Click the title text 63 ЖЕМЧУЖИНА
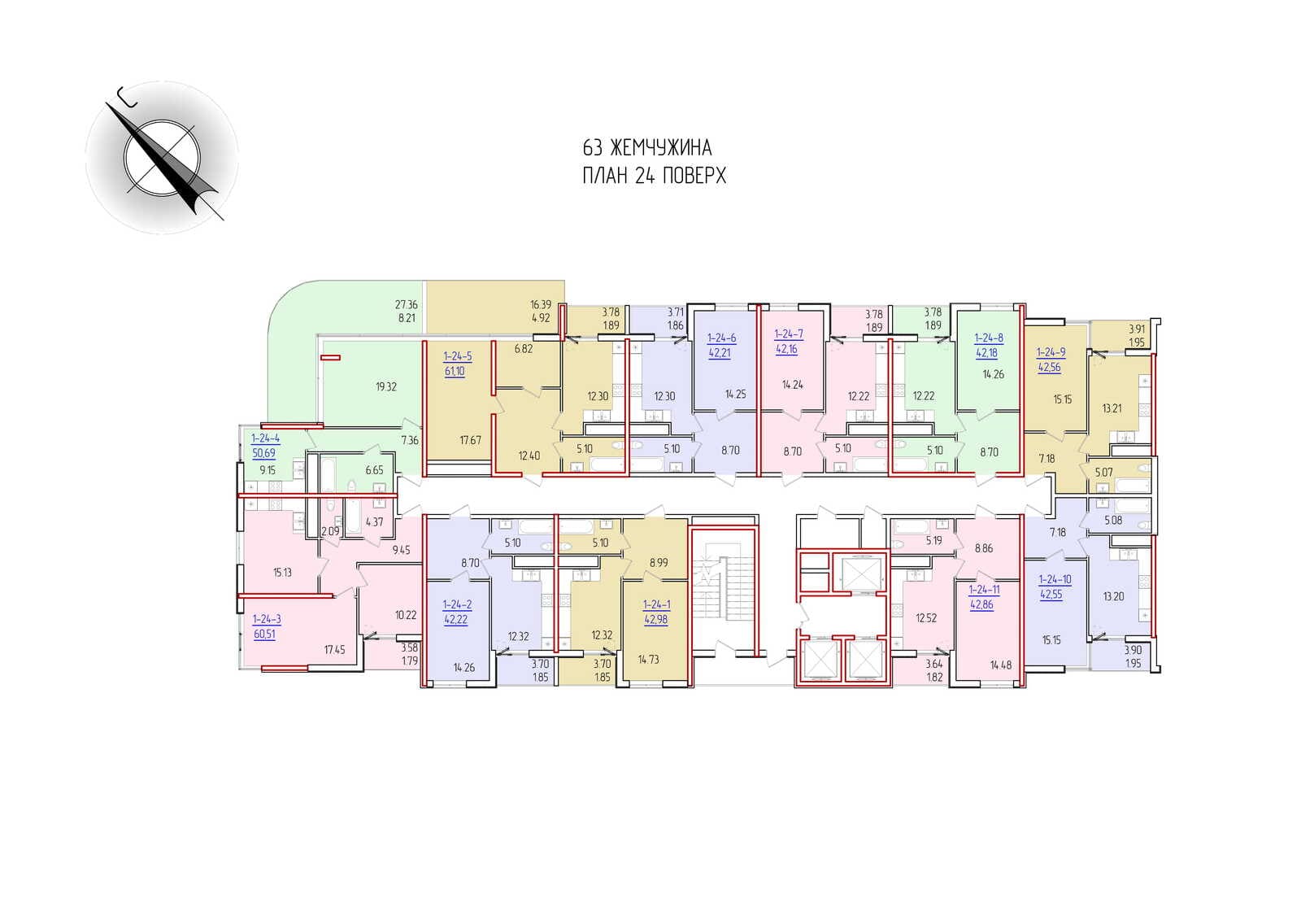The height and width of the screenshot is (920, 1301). coord(647,148)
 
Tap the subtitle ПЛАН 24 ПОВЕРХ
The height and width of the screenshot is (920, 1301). coord(654,176)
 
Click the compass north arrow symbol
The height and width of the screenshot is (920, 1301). coord(162,158)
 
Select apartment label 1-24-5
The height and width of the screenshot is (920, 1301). coord(458,357)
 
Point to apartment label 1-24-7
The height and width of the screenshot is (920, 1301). coord(789,334)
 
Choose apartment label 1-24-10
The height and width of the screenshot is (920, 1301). coord(1055,579)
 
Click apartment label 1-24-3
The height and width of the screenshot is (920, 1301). coord(267,619)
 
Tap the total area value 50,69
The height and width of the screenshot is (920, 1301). coord(264,453)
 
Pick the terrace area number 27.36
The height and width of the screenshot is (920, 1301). coord(407,304)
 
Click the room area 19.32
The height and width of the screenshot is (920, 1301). coord(386,387)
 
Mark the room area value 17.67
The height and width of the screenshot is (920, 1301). coord(471,441)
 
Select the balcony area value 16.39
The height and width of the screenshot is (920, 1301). coord(541,304)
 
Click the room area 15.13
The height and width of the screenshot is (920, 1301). coord(283,573)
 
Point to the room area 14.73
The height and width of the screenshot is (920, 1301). coord(649,660)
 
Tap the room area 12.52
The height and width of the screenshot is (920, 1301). coord(926,618)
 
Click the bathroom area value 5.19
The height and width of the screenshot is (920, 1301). coord(934,540)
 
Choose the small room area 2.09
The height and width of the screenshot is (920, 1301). coord(330,531)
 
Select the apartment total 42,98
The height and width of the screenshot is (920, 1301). coord(656,620)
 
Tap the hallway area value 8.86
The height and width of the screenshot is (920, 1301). coord(984,548)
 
